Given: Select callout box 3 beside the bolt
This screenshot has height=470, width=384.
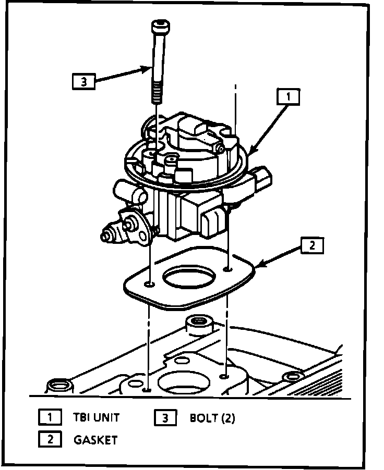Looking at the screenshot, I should pos(83,81).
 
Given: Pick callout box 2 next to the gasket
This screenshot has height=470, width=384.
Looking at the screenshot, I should pos(311,245).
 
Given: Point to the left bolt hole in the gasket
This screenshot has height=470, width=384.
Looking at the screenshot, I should pos(150,285).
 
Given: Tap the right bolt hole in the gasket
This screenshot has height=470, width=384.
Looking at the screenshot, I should pos(228,269).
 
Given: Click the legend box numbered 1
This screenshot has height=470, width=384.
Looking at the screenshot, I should pos(50,417).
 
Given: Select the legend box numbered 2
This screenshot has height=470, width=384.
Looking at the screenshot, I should pos(50,439).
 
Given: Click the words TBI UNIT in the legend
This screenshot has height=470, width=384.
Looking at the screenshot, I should pos(97,417).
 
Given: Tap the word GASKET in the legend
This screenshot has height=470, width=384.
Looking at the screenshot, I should pos(95,440).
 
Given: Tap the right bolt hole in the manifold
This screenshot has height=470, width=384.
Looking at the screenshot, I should pos(224,375).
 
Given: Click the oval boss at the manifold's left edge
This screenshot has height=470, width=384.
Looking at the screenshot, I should pos(55,386).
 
